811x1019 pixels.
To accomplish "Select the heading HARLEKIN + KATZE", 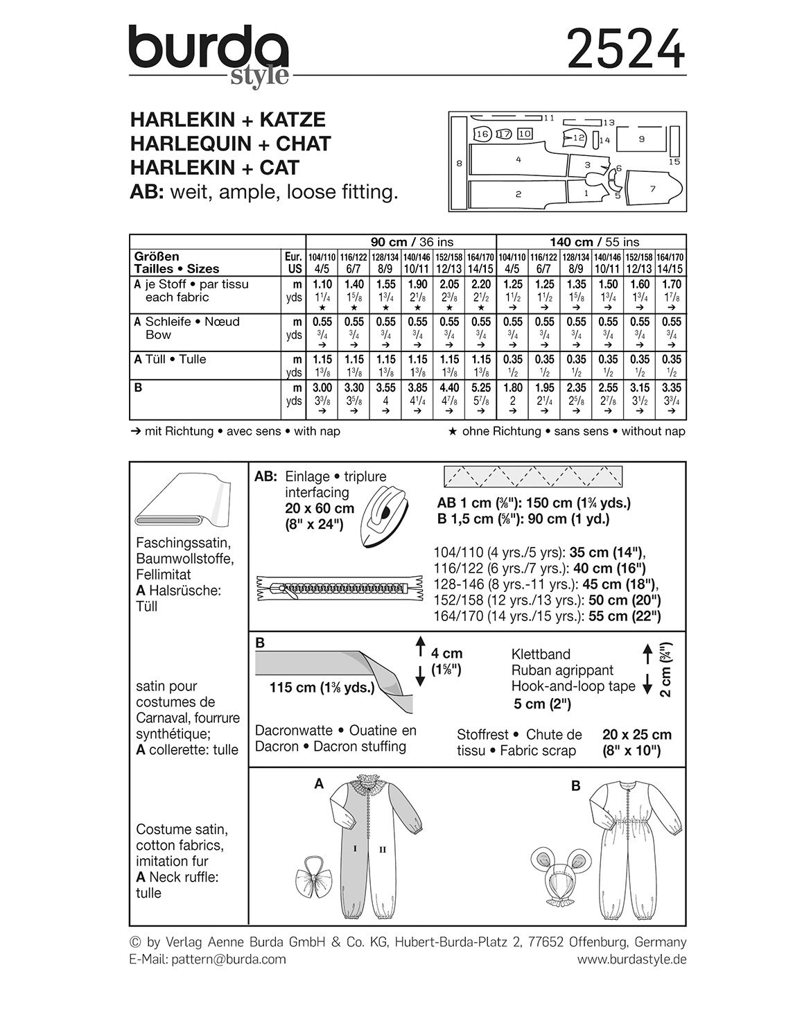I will [x=228, y=120].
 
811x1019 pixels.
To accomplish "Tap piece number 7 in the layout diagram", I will [x=652, y=188].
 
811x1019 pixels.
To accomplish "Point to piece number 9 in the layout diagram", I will [x=642, y=139].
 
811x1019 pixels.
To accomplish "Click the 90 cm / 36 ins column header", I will [x=412, y=242].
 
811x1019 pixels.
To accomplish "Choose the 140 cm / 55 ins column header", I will [x=594, y=242].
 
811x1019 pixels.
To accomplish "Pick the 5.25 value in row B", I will [x=481, y=388].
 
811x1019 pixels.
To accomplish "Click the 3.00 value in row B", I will [x=322, y=388].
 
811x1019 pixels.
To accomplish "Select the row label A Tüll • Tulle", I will [x=171, y=359].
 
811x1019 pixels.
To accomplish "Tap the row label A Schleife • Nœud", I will [x=187, y=322].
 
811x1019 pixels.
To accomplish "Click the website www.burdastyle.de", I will [x=631, y=959].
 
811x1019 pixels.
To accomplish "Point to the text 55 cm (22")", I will [x=625, y=616].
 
